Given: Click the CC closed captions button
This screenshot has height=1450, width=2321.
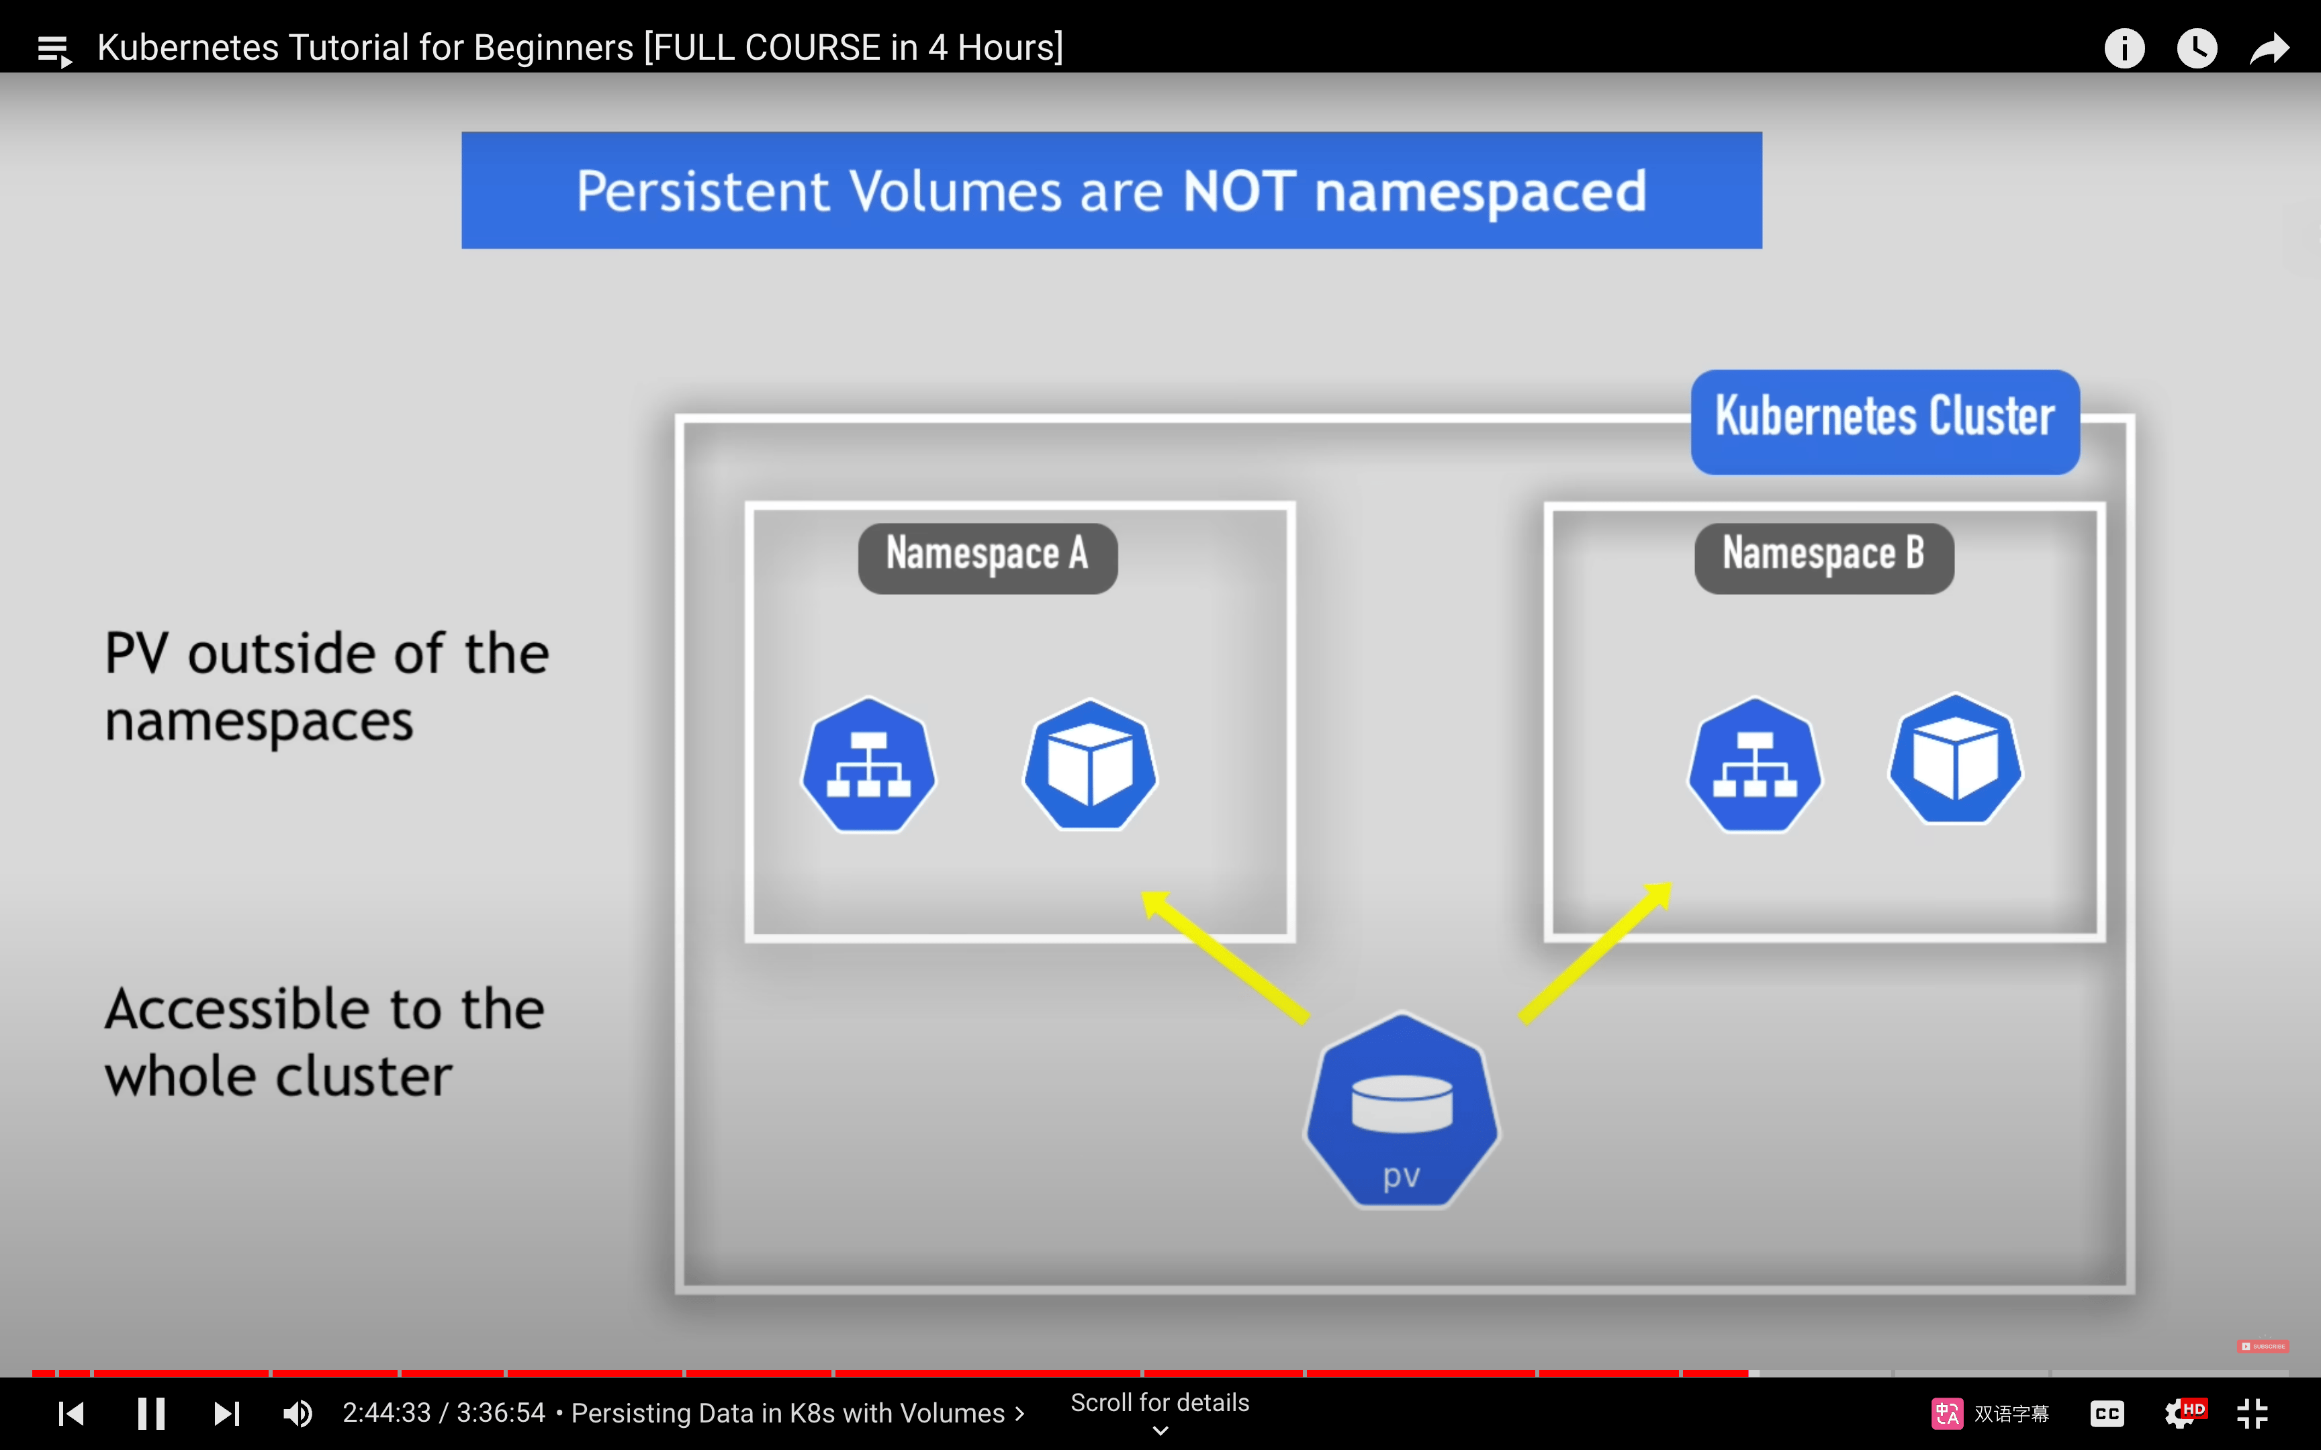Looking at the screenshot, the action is (x=2107, y=1414).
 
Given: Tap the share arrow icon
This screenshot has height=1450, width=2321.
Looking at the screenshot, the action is (x=2269, y=48).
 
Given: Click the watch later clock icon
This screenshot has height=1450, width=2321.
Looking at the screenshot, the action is (x=2196, y=48).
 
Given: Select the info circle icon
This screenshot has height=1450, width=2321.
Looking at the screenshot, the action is (x=2124, y=48).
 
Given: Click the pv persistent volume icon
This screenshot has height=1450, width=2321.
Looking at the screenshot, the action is (x=1401, y=1110).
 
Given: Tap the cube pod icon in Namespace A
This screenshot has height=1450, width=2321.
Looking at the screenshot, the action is (x=1091, y=765).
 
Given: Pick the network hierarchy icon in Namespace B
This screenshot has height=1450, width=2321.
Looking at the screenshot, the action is (x=1755, y=765).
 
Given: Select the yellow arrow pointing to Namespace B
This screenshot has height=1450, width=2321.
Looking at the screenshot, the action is (x=1596, y=953).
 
